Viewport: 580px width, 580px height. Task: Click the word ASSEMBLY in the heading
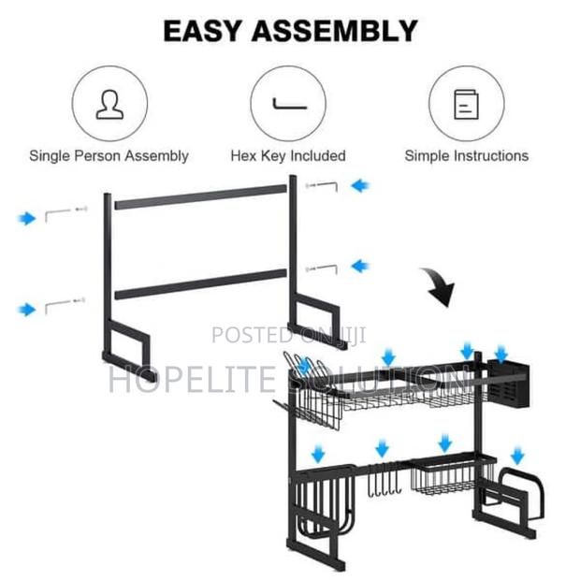point(334,31)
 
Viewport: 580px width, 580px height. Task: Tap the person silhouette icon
point(109,105)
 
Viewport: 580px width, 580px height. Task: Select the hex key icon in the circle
point(289,105)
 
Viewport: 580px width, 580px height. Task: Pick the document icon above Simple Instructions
point(466,105)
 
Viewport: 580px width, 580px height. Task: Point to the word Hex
point(244,155)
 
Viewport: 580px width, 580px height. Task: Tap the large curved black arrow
point(440,287)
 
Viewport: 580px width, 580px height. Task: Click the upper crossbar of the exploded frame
point(201,197)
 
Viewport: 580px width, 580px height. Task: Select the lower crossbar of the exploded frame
point(201,284)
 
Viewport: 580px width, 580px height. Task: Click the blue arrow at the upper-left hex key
point(27,218)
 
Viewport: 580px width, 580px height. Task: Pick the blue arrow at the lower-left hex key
point(27,310)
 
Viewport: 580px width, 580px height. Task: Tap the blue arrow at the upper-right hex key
point(360,185)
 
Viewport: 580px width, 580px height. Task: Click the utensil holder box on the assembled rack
point(508,384)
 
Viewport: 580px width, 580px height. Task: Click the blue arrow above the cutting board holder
point(517,456)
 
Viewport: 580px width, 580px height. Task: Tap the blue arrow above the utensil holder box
point(501,354)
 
